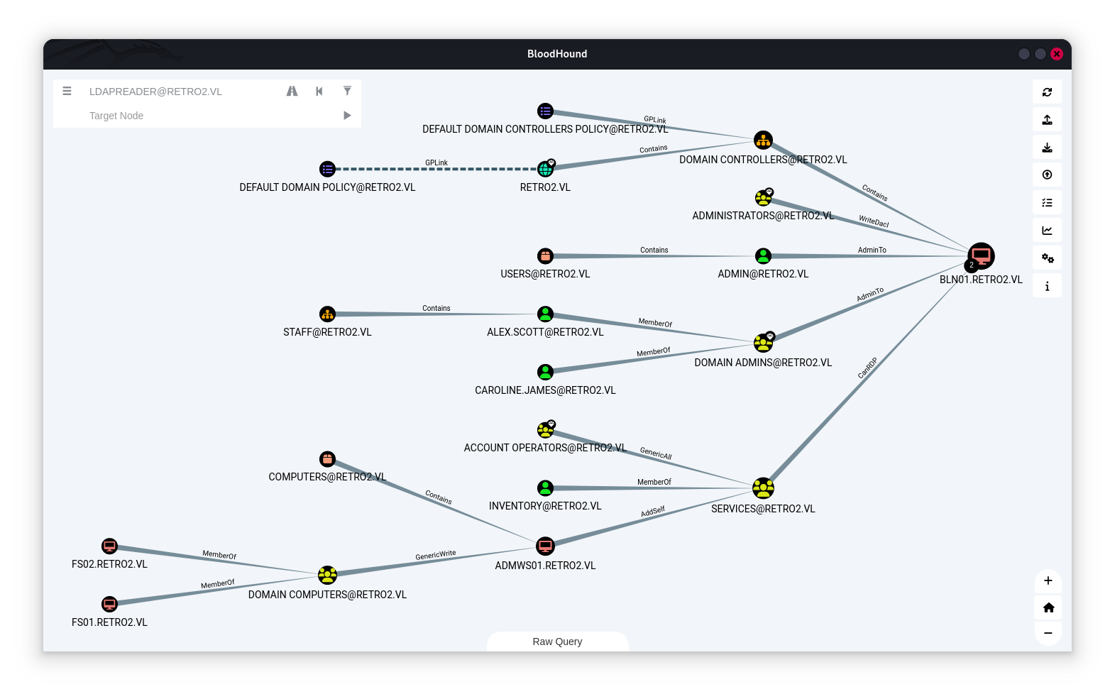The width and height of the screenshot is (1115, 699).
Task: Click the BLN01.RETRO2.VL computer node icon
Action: click(x=981, y=256)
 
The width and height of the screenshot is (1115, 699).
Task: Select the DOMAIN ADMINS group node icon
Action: click(x=763, y=343)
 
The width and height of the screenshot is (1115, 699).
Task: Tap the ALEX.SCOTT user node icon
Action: click(x=545, y=314)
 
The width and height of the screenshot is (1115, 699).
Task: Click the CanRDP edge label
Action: click(x=867, y=368)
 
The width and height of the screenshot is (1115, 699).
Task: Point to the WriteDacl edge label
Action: click(x=874, y=221)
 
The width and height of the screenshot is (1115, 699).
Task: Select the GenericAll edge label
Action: click(x=656, y=453)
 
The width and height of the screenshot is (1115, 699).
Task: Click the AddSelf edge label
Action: click(x=653, y=512)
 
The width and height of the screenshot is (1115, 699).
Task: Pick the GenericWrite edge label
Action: click(x=436, y=555)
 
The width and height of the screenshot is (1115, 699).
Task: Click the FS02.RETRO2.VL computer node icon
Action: click(x=109, y=546)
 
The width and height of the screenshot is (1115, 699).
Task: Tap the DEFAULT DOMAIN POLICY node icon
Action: click(x=327, y=169)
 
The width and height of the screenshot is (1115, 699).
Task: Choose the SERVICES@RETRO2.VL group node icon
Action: click(x=763, y=488)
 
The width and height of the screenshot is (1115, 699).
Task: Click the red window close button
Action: click(x=1057, y=54)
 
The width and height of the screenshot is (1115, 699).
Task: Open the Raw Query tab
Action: click(x=557, y=642)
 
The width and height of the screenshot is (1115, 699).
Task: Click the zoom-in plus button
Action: click(x=1048, y=580)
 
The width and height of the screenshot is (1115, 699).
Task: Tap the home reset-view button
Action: click(x=1048, y=607)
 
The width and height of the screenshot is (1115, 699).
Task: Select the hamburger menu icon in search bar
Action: click(x=67, y=91)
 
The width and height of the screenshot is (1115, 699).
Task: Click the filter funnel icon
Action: click(x=347, y=91)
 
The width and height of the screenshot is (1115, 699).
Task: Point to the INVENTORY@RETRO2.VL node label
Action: click(x=545, y=506)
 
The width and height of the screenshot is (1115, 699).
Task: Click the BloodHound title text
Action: click(x=557, y=54)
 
